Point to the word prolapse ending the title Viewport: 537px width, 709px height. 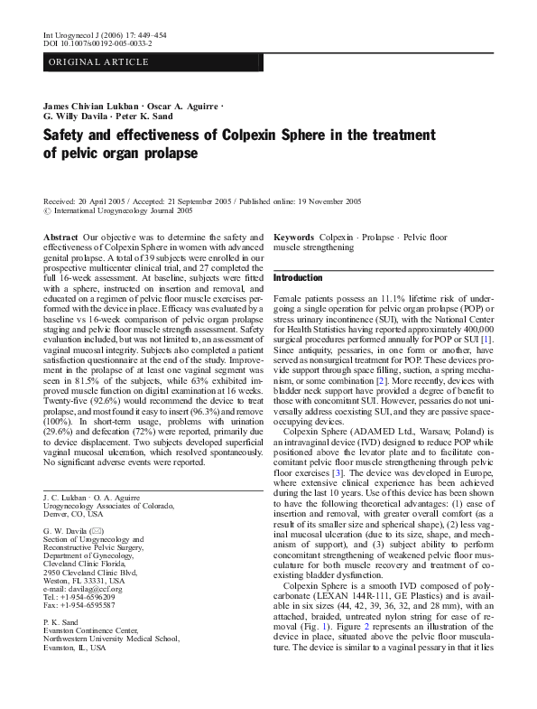[167, 153]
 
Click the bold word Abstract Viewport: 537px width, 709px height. [60, 236]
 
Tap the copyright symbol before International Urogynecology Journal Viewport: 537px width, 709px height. [48, 210]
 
